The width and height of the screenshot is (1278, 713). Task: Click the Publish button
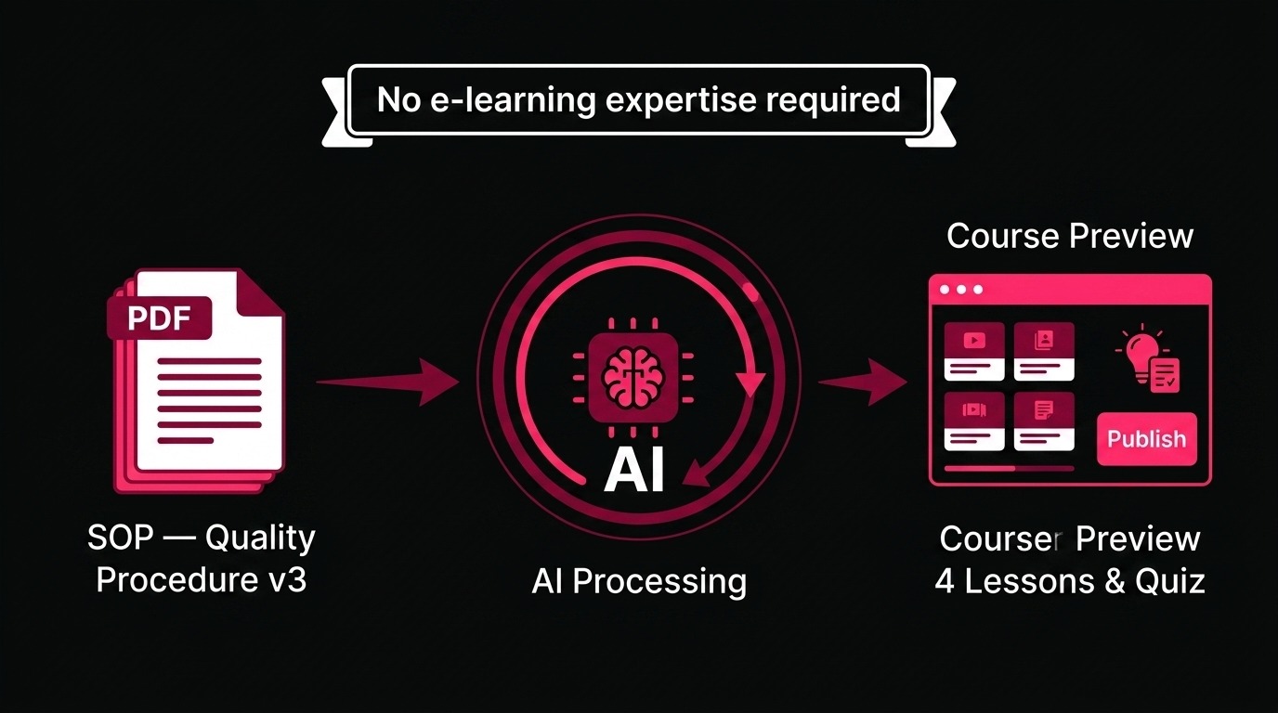coord(1147,438)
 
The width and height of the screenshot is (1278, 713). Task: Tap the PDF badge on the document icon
coord(159,318)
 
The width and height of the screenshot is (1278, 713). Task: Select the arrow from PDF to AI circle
coord(388,382)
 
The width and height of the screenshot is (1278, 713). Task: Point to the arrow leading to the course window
coord(863,382)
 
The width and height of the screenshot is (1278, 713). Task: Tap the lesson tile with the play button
coord(974,351)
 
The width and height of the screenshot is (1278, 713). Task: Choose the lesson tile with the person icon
coord(1044,351)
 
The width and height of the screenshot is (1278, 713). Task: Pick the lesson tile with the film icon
coord(974,421)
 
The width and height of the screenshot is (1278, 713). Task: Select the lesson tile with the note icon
coord(1044,421)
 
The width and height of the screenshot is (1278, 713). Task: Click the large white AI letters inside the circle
coord(634,470)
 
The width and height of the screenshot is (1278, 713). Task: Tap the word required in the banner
coord(833,100)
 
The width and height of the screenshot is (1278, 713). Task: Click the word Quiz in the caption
coord(1170,582)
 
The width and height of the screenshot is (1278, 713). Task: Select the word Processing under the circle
coord(659,582)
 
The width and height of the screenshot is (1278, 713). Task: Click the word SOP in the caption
coord(121,538)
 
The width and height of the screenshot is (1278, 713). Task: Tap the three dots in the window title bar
coord(961,290)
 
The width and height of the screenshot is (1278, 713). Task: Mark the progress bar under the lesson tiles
coord(1010,469)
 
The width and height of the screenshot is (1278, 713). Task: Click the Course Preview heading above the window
coord(1070,236)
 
